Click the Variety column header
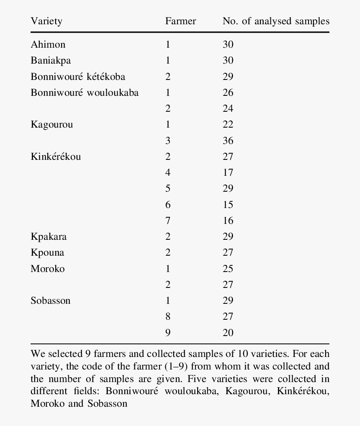(x=46, y=21)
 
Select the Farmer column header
(x=180, y=21)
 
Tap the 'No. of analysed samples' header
(x=276, y=21)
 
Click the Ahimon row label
(x=48, y=44)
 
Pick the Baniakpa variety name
(x=51, y=60)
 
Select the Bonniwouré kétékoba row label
(x=78, y=77)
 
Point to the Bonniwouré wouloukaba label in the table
(x=85, y=92)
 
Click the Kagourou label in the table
(x=51, y=125)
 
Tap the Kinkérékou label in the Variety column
(x=56, y=157)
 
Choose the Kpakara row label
(x=49, y=236)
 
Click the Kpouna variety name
(x=47, y=253)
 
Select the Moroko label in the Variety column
(x=48, y=269)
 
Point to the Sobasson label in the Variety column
(x=50, y=300)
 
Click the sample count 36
(x=228, y=141)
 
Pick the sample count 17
(x=228, y=172)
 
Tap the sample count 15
(x=228, y=205)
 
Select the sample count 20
(x=228, y=333)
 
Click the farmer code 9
(x=168, y=333)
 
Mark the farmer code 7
(x=168, y=221)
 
